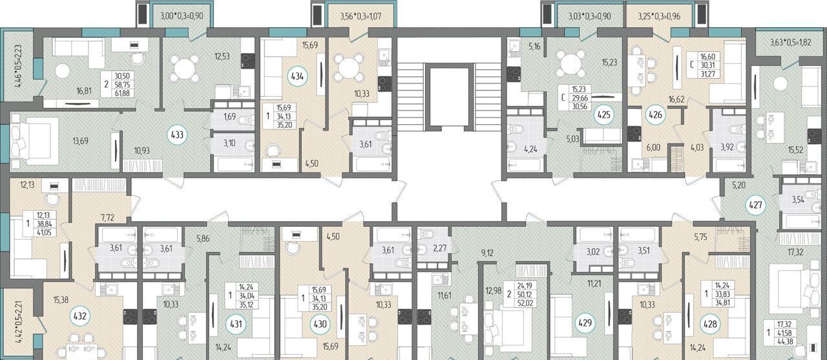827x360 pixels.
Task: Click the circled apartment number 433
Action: click(177, 135)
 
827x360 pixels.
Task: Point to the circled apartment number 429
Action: click(585, 323)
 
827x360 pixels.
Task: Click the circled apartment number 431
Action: click(236, 324)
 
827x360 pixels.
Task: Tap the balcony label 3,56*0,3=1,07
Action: click(360, 16)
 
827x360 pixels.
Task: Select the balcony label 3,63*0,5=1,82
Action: click(790, 43)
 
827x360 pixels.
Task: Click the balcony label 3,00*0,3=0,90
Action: click(182, 16)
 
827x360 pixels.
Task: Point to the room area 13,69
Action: click(80, 141)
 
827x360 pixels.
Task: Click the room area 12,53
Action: click(222, 56)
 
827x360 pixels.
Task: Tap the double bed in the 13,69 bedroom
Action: click(34, 141)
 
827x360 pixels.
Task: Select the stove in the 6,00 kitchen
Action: click(634, 134)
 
